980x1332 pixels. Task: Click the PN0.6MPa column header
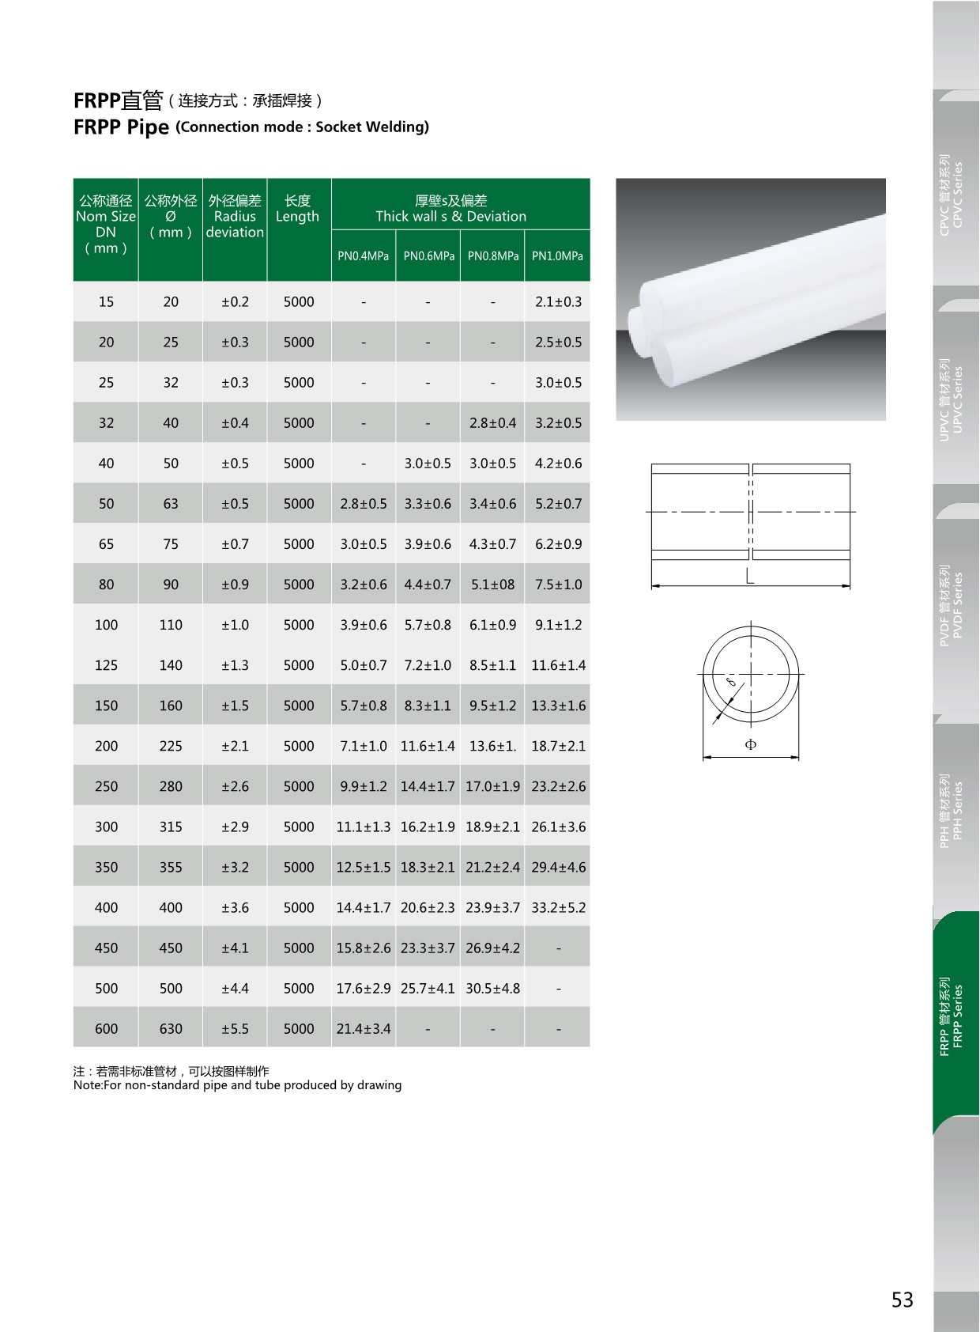point(428,256)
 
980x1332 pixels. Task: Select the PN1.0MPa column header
point(557,256)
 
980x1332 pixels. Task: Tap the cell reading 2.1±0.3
point(558,302)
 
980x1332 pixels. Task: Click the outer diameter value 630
point(171,1029)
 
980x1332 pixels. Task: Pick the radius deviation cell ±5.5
point(235,1029)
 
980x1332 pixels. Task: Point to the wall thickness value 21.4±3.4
point(364,1029)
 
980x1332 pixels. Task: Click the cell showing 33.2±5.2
point(558,908)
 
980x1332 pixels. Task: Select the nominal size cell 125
point(106,666)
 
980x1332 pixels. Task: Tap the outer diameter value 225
point(171,747)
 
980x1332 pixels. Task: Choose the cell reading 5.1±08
point(492,585)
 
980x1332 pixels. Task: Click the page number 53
point(902,1300)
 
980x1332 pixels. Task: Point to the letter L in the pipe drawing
point(750,577)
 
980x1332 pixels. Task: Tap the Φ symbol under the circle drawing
point(751,744)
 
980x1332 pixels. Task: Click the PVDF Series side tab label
point(952,605)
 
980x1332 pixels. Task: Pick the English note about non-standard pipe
point(237,1086)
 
